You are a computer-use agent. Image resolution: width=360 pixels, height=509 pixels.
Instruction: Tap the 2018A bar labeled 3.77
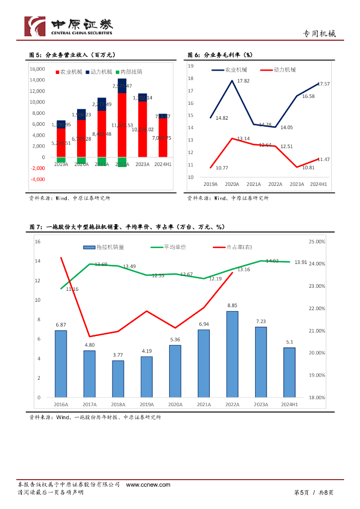(x=118, y=379)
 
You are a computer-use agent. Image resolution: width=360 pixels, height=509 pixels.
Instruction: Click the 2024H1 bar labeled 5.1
(x=289, y=372)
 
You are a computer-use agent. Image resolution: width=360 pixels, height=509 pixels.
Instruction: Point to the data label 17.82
(x=243, y=81)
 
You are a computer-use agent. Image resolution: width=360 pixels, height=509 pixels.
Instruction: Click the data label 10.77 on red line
(x=215, y=168)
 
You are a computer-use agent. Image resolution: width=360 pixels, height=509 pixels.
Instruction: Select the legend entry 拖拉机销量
(x=104, y=247)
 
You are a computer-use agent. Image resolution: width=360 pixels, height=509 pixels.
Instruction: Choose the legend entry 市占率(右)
(x=232, y=247)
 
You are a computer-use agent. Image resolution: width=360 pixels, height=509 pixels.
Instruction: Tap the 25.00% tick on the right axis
(x=317, y=242)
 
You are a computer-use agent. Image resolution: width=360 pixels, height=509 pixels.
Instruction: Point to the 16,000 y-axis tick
(x=38, y=69)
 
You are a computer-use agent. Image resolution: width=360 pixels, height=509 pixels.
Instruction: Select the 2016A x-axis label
(x=61, y=405)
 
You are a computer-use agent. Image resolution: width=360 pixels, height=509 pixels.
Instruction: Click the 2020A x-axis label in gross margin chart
(x=231, y=184)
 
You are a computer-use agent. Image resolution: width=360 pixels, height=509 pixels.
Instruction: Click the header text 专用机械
(x=319, y=34)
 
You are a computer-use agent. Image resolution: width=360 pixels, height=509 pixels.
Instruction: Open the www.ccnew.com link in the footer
(x=148, y=485)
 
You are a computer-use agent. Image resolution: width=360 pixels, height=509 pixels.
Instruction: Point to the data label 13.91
(x=300, y=262)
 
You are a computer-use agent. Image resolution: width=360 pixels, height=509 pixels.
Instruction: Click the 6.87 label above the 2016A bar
(x=61, y=325)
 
